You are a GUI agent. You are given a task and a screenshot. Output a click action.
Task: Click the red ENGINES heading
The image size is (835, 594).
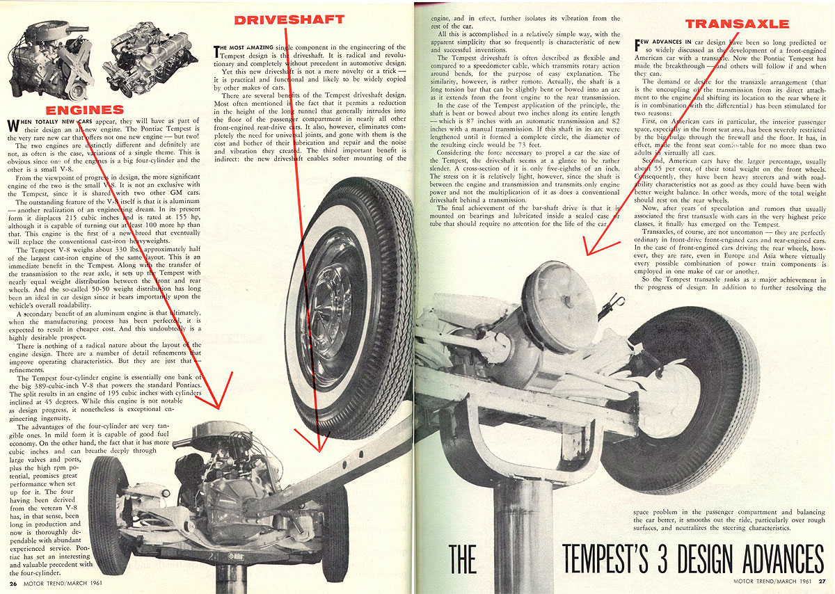pos(84,110)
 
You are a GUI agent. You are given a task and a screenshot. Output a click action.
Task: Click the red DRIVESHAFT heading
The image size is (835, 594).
pos(289,19)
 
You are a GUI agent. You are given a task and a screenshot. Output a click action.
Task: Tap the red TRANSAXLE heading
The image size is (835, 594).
pos(737,24)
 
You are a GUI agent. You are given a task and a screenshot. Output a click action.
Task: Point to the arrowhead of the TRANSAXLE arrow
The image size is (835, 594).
pos(589,271)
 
